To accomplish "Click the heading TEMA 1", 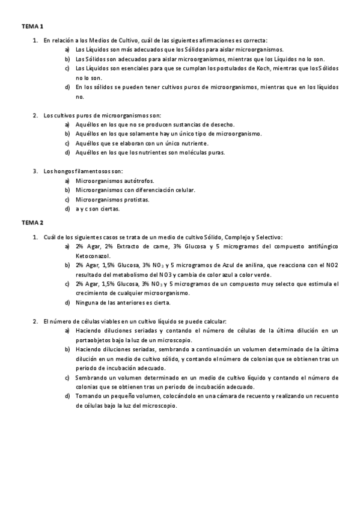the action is [32, 27].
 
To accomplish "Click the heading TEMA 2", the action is [32, 223].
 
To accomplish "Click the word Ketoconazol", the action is [92, 256].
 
